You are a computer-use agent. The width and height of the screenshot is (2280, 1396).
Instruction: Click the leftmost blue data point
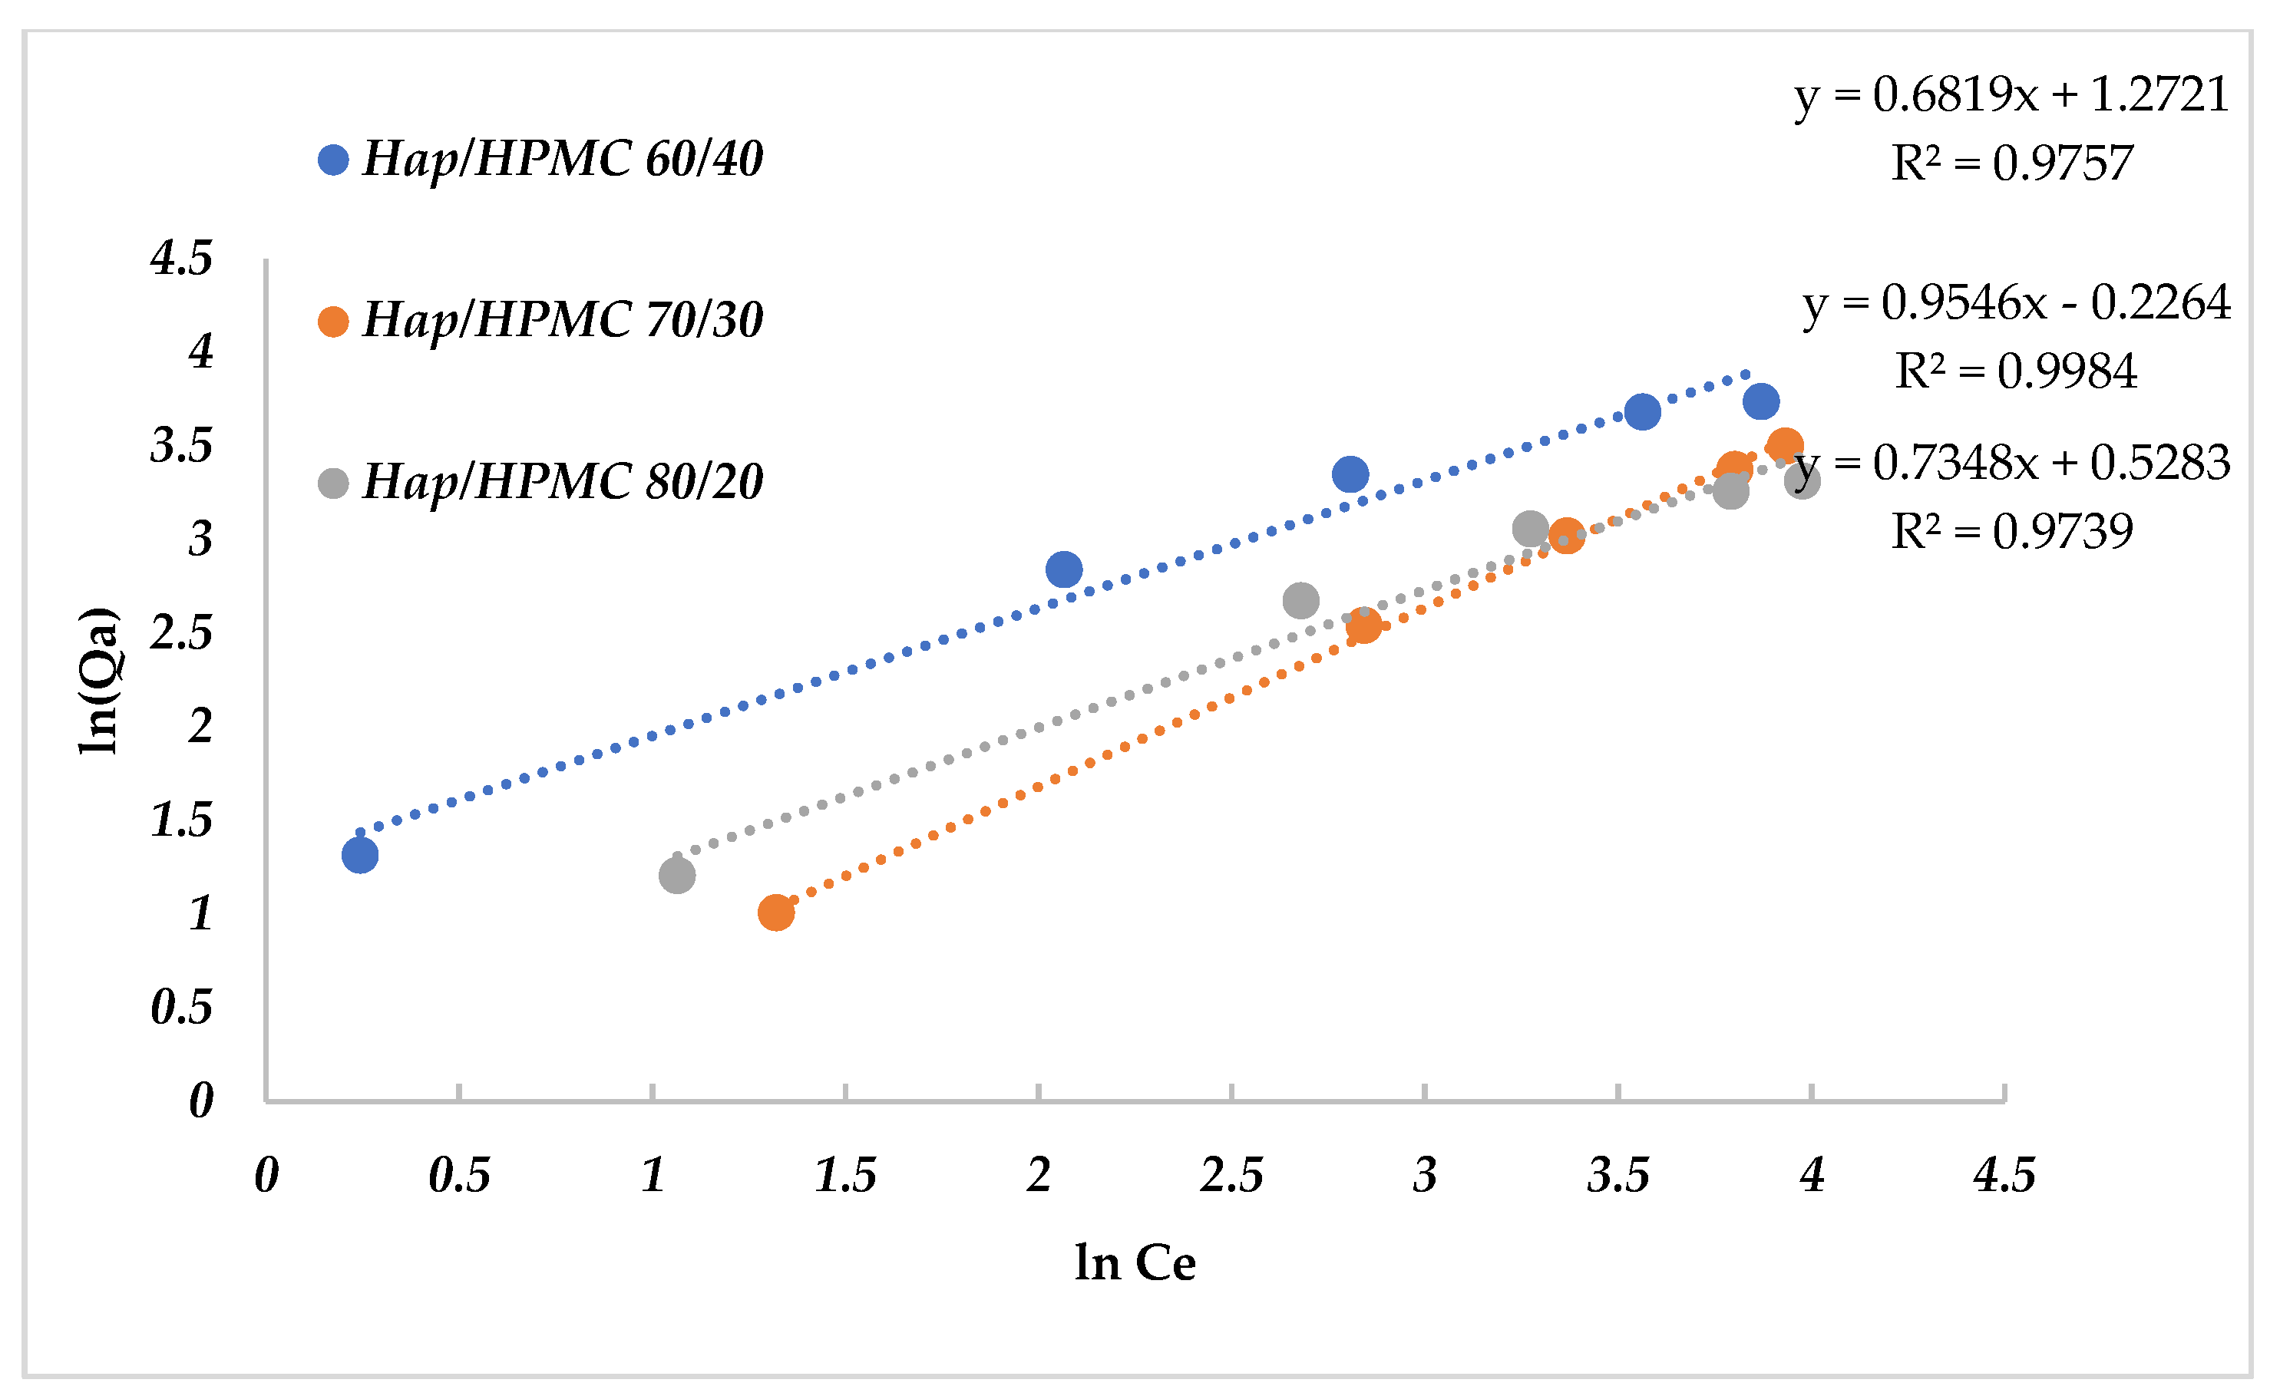(360, 855)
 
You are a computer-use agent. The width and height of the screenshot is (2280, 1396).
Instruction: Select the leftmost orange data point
(775, 913)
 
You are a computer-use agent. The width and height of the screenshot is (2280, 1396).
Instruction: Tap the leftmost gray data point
(677, 875)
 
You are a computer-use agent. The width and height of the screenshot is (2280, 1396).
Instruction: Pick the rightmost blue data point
(1761, 401)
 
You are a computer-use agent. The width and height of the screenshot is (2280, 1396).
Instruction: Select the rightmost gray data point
(1803, 480)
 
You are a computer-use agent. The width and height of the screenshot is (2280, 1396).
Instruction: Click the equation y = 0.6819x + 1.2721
(2011, 94)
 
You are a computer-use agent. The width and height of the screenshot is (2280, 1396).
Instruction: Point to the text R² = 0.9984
(2015, 371)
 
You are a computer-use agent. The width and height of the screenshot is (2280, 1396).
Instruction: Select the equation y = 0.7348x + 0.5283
(2011, 463)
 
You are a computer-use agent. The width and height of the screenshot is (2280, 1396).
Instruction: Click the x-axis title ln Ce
(1135, 1262)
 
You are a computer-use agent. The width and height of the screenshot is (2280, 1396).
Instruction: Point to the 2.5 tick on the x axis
(1231, 1176)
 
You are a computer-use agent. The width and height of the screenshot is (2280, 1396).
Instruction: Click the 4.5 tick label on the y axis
(181, 257)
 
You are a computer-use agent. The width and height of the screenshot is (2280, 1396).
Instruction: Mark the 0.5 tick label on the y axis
(181, 1007)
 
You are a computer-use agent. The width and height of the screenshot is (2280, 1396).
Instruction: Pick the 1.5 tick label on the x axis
(844, 1176)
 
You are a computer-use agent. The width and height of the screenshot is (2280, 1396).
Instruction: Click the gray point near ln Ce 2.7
(1301, 600)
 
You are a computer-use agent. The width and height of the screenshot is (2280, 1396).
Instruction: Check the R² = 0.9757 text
(2011, 163)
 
